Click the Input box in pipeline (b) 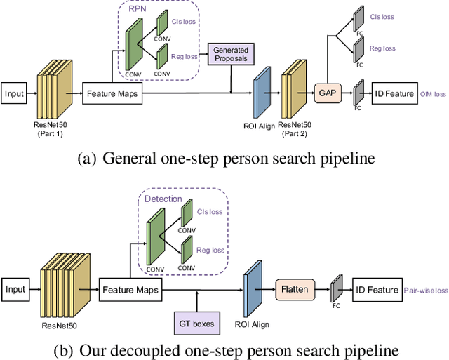15,288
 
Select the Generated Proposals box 232,55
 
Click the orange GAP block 326,93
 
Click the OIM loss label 432,93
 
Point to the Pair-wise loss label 425,289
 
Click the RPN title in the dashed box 138,11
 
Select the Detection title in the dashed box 163,199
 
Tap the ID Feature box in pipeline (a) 394,93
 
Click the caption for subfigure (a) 224,159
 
